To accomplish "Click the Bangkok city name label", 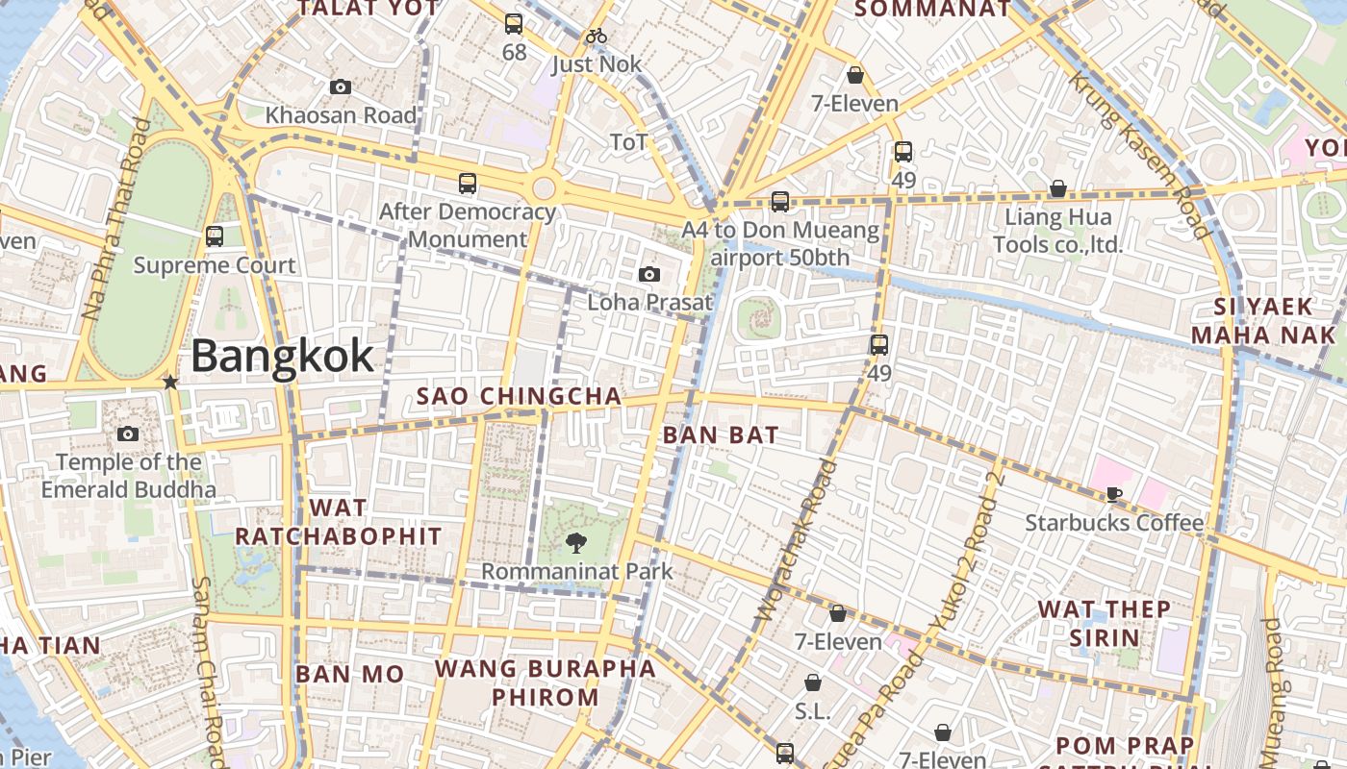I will (x=282, y=357).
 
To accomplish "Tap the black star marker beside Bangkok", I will (x=171, y=383).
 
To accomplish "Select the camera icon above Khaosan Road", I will (x=340, y=87).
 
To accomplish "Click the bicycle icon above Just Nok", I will (x=597, y=37).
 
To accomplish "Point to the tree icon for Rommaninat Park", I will (x=576, y=543).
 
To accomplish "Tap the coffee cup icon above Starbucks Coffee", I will (x=1113, y=495).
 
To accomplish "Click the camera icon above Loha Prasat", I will (x=649, y=275).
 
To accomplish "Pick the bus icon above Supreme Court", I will (x=215, y=236).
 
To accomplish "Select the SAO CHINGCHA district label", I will (x=519, y=397).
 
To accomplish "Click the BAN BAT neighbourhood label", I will (x=721, y=435).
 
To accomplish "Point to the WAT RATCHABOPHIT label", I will (x=339, y=522).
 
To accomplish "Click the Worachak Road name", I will (x=798, y=540).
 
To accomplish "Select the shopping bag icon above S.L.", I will (x=813, y=683).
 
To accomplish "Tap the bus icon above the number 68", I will (x=514, y=24).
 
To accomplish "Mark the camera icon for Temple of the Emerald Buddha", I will (x=128, y=434).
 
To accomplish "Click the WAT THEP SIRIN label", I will (x=1105, y=623).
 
